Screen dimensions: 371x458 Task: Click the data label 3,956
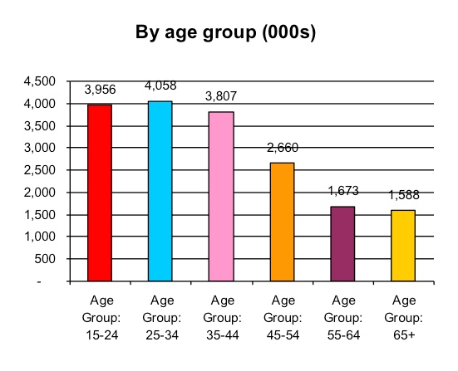pyautogui.click(x=101, y=89)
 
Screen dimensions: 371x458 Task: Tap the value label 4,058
pyautogui.click(x=161, y=85)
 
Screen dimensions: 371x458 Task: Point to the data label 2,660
pyautogui.click(x=283, y=148)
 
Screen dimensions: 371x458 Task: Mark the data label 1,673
pyautogui.click(x=343, y=191)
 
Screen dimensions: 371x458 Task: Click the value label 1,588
pyautogui.click(x=404, y=195)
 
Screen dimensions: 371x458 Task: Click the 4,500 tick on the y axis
pyautogui.click(x=38, y=81)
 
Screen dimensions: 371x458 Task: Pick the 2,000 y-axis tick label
pyautogui.click(x=38, y=193)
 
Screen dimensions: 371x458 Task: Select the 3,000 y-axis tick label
pyautogui.click(x=38, y=148)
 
